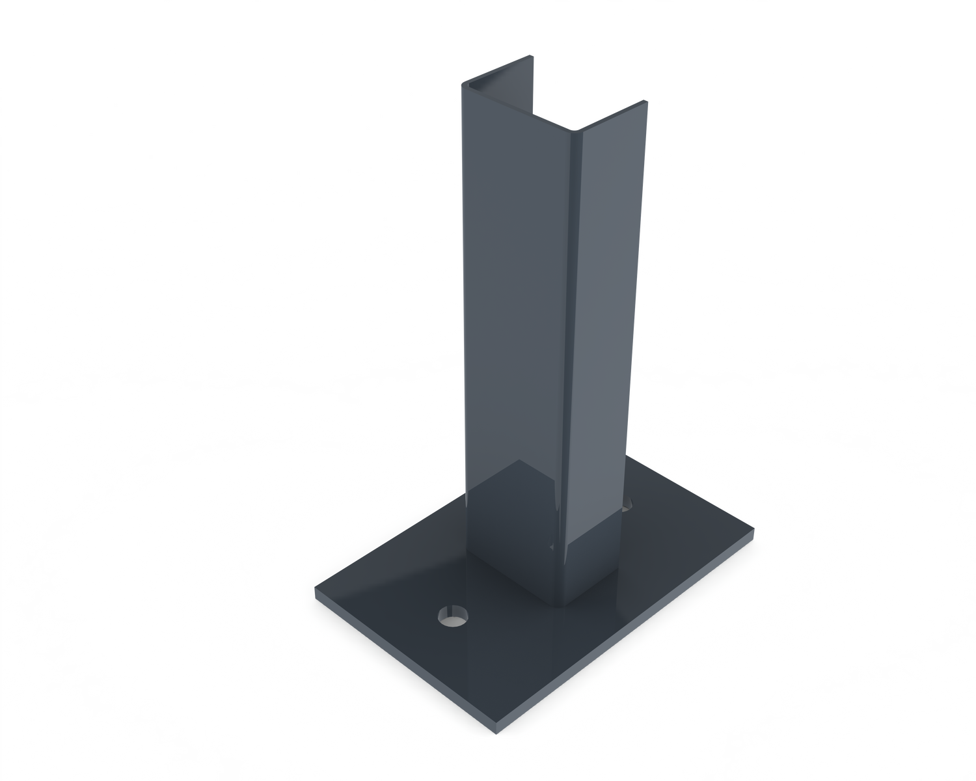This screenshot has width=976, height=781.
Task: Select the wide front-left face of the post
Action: [x=514, y=293]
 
